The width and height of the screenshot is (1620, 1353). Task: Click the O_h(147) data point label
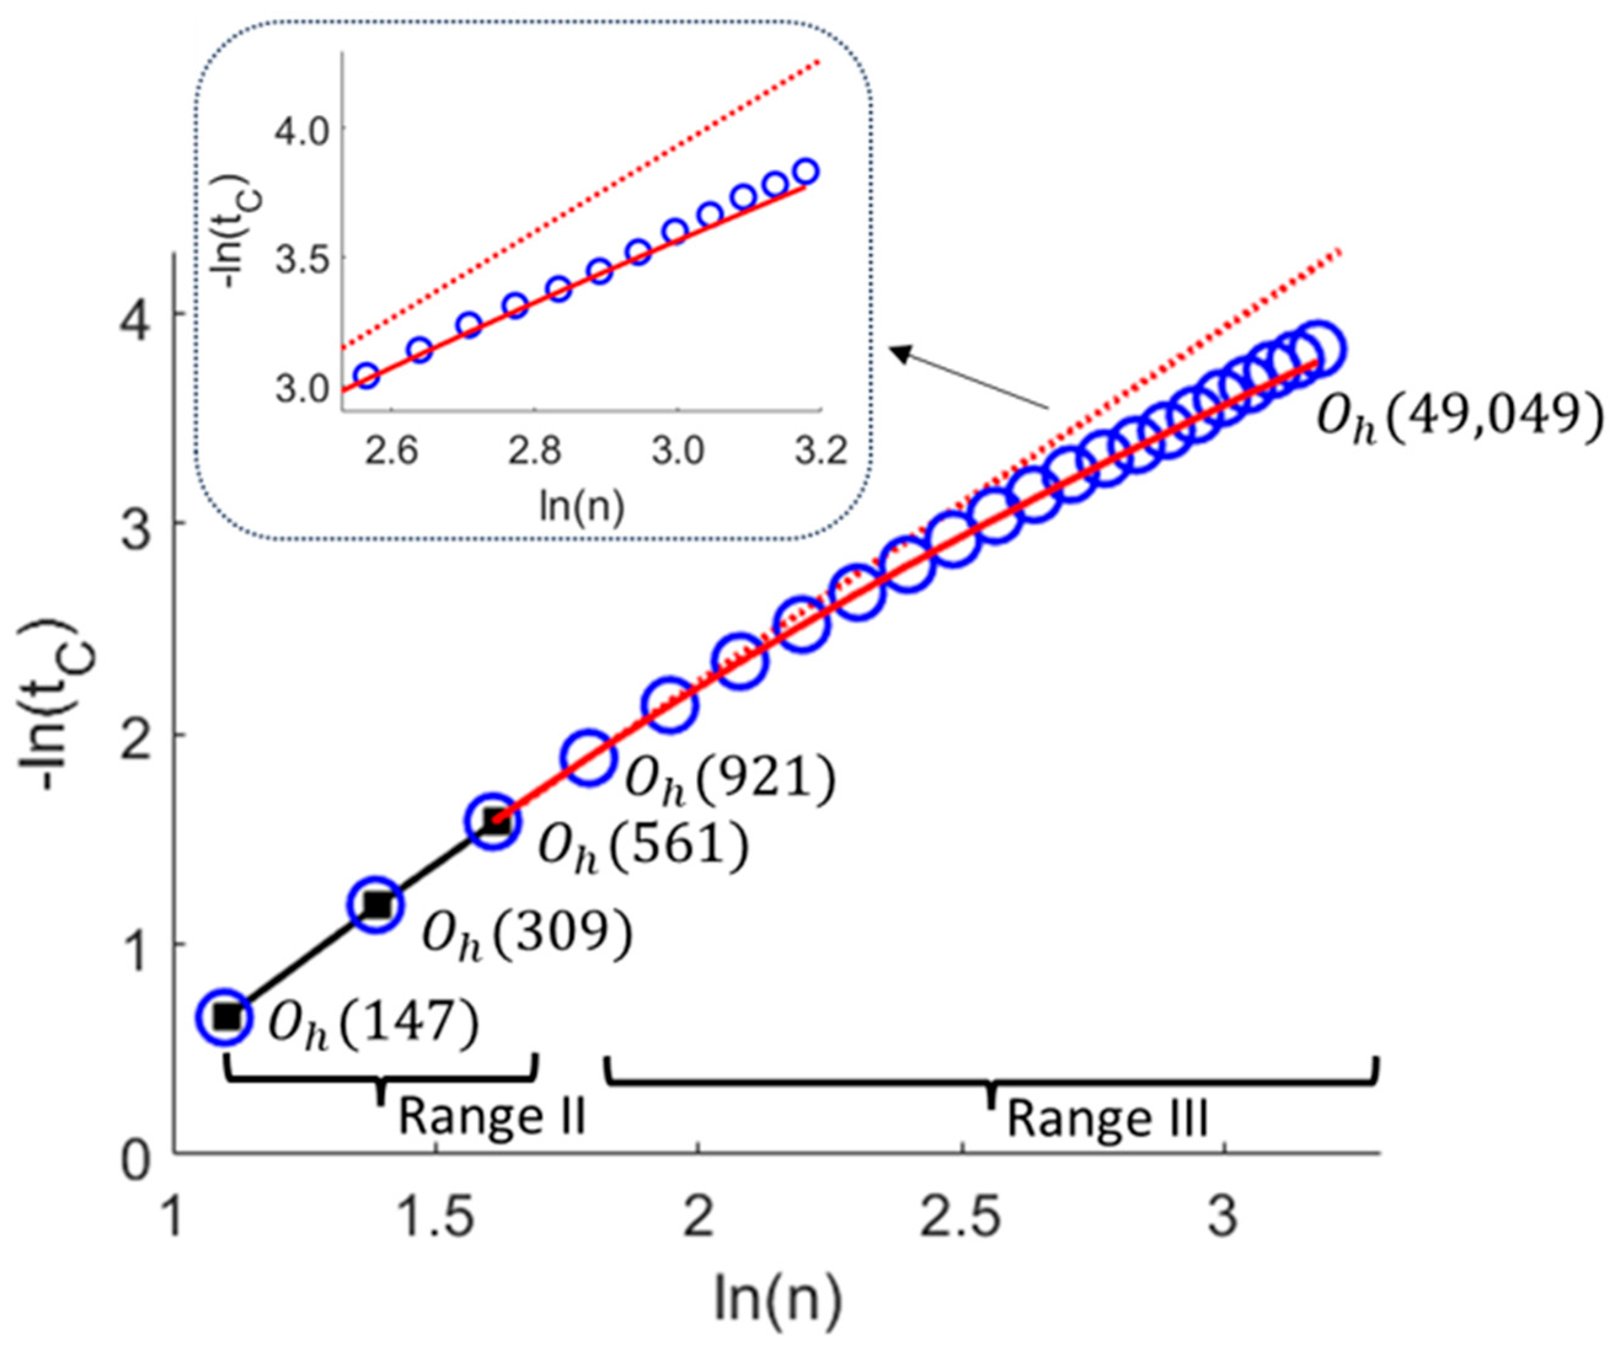click(373, 1024)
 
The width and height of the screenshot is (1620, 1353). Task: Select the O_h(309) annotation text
click(527, 936)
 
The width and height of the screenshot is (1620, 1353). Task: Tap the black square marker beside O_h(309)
click(377, 904)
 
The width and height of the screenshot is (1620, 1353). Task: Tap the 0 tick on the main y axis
click(139, 1160)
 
